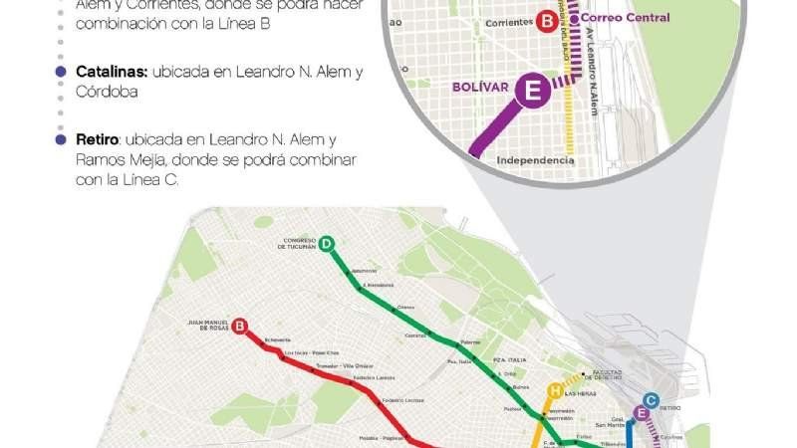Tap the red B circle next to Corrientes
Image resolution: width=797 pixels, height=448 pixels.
[x=547, y=20]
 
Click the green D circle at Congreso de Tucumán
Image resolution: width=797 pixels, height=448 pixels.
[x=327, y=243]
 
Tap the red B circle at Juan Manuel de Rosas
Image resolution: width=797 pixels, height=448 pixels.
[x=239, y=325]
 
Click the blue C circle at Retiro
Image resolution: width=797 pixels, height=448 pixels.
[x=651, y=398]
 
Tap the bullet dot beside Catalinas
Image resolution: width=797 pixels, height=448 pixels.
[x=62, y=73]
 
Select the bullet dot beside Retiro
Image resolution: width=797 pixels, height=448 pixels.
[x=62, y=140]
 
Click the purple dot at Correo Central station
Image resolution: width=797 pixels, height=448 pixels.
[x=574, y=18]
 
